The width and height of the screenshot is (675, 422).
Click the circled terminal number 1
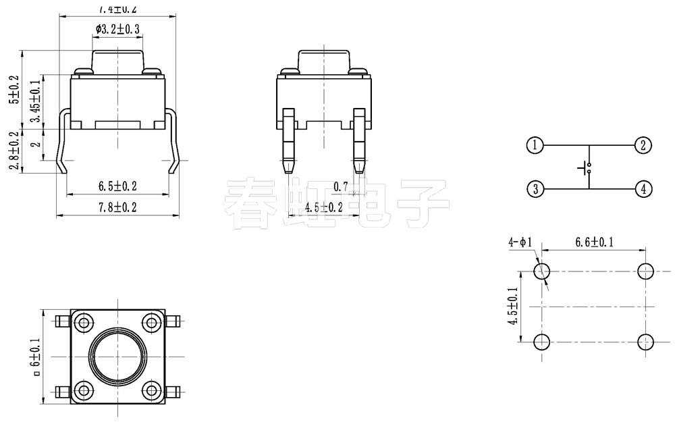(x=535, y=145)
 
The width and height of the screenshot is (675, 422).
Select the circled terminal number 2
(x=643, y=145)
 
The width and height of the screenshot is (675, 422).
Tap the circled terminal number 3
(x=535, y=189)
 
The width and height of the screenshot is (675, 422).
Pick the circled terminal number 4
(x=643, y=189)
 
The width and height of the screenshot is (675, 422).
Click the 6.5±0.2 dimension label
(x=117, y=186)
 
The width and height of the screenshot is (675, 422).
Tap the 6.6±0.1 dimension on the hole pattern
(x=594, y=242)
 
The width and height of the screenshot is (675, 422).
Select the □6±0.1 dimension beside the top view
(x=36, y=356)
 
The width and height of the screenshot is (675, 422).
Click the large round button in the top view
(x=117, y=356)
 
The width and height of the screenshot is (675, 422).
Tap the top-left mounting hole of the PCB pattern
(x=542, y=271)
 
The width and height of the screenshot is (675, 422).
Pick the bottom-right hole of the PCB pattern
(x=646, y=342)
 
